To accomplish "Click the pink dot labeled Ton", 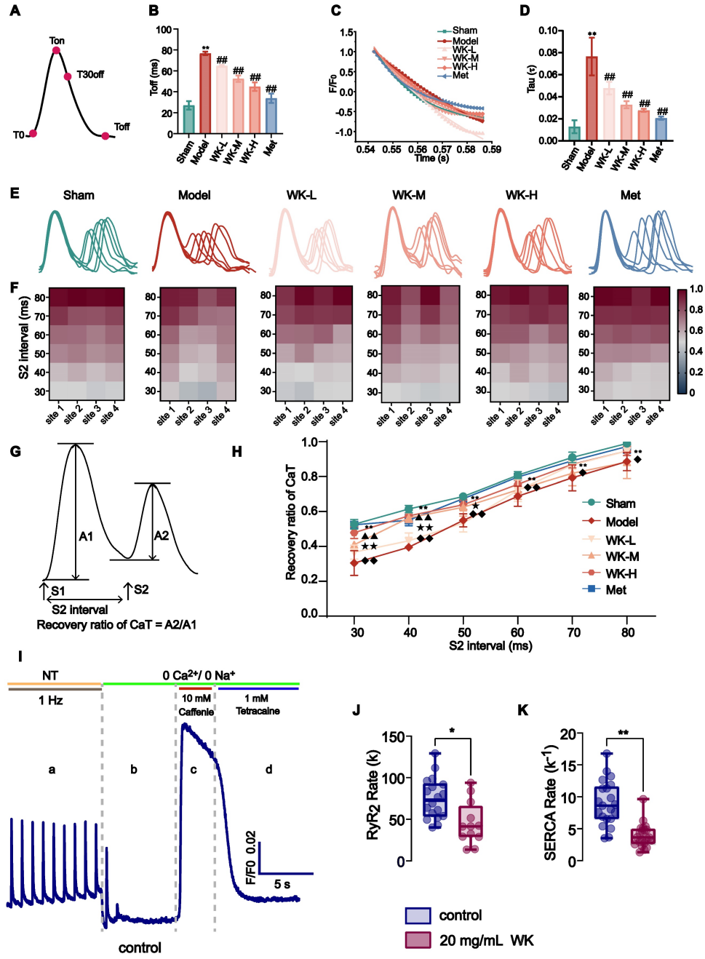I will (x=56, y=49).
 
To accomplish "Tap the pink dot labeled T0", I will (x=33, y=134).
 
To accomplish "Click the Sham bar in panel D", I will (x=575, y=133).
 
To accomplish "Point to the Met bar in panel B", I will (x=271, y=116).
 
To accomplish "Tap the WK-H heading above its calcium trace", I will (x=522, y=195).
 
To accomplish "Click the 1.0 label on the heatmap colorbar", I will (x=696, y=289).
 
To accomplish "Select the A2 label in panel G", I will (x=162, y=536).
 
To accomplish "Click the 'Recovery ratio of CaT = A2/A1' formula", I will (x=116, y=625).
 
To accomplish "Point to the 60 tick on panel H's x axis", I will (x=517, y=632).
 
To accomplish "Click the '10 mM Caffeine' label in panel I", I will (x=196, y=705).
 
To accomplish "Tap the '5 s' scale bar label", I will (x=282, y=884).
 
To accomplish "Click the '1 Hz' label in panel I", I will (x=51, y=700).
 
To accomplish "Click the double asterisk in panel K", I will (x=623, y=733).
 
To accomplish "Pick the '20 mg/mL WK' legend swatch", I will (x=418, y=940).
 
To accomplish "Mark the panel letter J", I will (x=357, y=709).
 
